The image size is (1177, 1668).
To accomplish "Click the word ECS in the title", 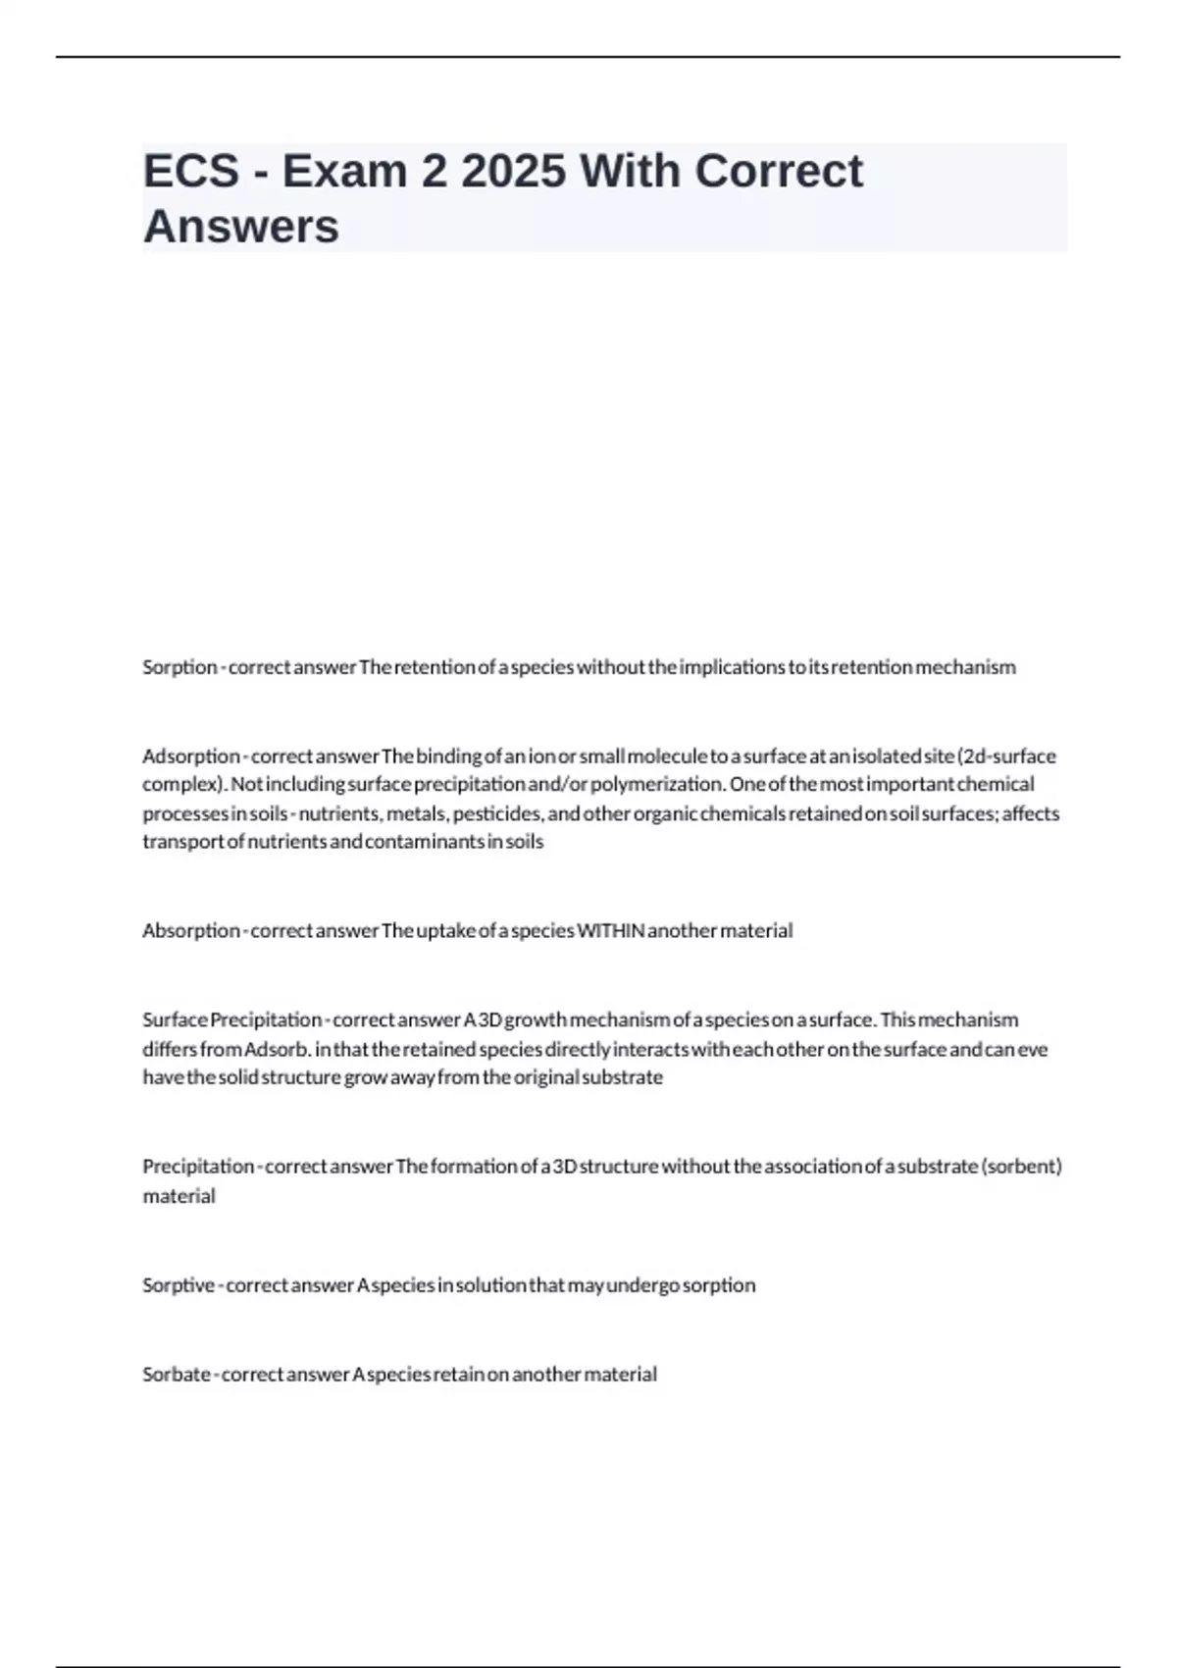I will tap(191, 172).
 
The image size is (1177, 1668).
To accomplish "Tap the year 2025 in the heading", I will tap(513, 172).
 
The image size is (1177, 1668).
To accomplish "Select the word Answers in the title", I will tap(241, 227).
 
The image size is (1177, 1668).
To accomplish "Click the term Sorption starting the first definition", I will tap(179, 667).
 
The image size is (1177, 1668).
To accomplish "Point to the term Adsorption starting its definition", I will tap(191, 756).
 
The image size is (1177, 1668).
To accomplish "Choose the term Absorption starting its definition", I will tap(191, 930).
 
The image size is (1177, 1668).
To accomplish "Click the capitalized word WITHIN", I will tap(610, 930).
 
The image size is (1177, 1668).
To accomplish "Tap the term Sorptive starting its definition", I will tap(179, 1285).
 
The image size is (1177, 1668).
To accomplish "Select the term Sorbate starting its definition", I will tap(177, 1375).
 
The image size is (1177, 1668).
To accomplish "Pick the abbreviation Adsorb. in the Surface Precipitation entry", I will tap(278, 1049).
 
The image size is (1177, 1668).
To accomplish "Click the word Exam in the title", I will tap(344, 172).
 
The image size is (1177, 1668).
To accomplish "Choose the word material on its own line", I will tap(179, 1196).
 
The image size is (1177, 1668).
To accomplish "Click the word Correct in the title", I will tap(779, 172).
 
